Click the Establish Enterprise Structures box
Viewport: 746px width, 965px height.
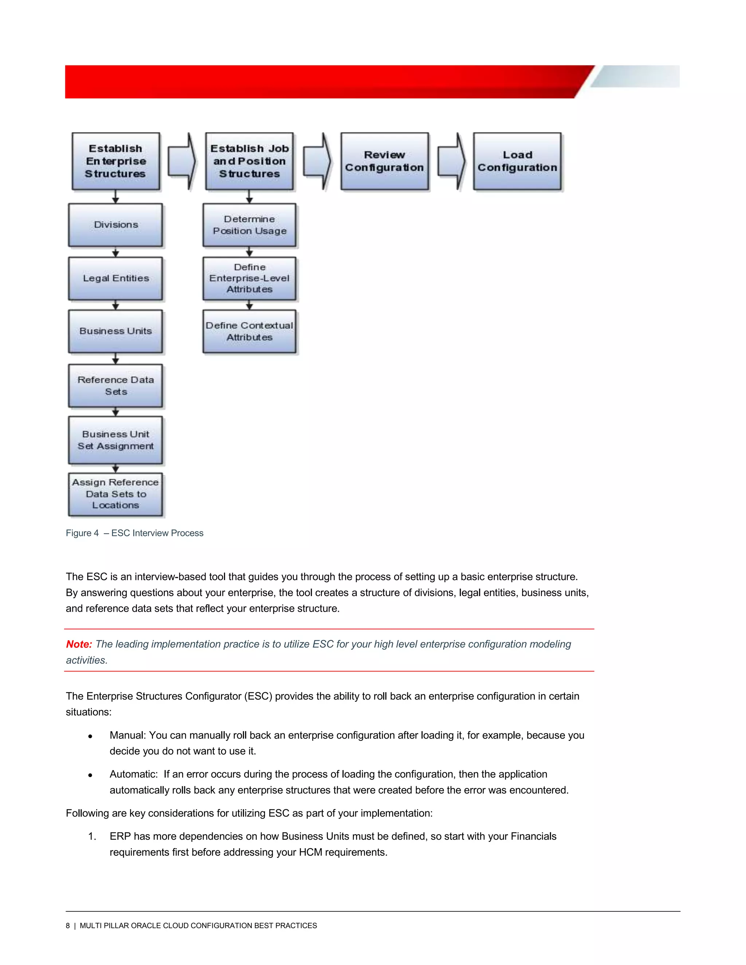point(116,161)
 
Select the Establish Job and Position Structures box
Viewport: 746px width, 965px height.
point(249,161)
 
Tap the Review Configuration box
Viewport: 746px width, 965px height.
point(385,161)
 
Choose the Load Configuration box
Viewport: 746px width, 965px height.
point(517,161)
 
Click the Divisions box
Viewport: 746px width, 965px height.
point(116,225)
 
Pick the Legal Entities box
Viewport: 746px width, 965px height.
point(116,278)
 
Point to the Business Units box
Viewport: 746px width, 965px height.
point(116,331)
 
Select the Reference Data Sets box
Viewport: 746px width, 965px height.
point(116,386)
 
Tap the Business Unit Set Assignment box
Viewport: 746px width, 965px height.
point(116,440)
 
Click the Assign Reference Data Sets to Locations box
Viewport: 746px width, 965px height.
point(116,494)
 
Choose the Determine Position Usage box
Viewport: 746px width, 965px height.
point(249,225)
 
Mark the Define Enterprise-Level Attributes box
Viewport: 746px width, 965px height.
point(249,278)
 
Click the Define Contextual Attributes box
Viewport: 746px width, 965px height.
point(249,331)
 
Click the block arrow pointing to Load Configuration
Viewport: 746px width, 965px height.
point(451,161)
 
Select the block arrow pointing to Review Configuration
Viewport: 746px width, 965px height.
point(317,161)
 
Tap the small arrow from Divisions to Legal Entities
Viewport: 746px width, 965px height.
point(116,252)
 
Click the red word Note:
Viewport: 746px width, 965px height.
point(79,644)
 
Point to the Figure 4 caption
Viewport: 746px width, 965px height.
point(134,533)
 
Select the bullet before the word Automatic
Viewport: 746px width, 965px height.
point(90,775)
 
